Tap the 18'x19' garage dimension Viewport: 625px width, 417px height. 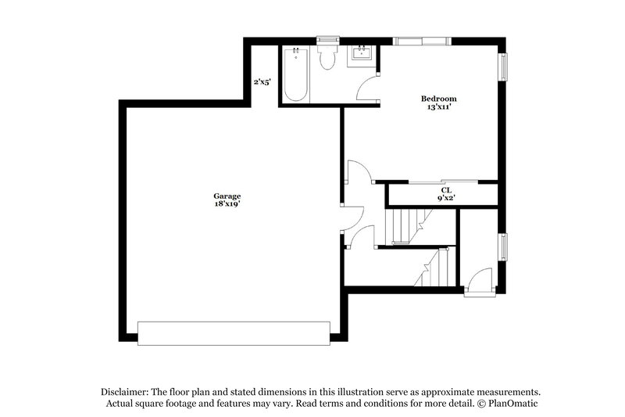tap(227, 203)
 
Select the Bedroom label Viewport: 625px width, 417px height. tap(438, 99)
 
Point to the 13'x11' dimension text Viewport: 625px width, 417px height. tap(438, 107)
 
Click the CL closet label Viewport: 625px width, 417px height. tap(446, 190)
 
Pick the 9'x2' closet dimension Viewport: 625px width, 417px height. tap(446, 199)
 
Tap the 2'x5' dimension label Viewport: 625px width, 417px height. tap(262, 81)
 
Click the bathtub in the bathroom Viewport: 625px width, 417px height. tap(295, 76)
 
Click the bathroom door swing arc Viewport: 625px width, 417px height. tap(366, 88)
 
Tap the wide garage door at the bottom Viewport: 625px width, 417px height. tap(234, 333)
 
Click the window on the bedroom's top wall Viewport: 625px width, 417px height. tap(420, 41)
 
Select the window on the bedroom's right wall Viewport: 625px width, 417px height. tap(504, 67)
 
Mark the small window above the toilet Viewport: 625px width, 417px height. tap(327, 39)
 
